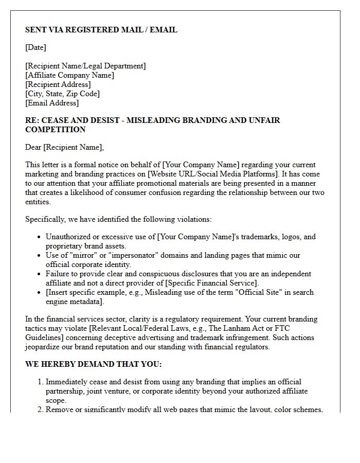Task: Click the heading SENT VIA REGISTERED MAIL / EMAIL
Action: click(x=101, y=30)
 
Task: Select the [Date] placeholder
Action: click(x=35, y=47)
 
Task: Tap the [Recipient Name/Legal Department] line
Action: click(x=85, y=66)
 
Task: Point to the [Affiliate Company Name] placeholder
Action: click(x=69, y=75)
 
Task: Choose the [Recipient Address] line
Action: click(x=58, y=84)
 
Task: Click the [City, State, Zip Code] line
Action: click(x=62, y=94)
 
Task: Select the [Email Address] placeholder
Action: click(x=52, y=103)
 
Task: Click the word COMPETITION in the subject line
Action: click(x=56, y=130)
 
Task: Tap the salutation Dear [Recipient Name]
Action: click(x=64, y=147)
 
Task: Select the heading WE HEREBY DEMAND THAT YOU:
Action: click(x=93, y=364)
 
